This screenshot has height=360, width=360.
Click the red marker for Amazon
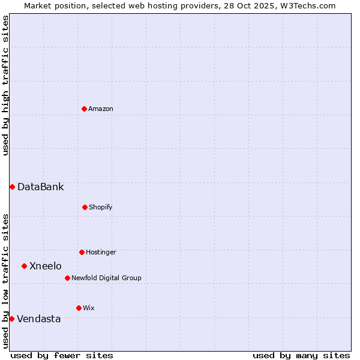click(84, 109)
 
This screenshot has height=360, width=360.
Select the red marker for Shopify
click(85, 207)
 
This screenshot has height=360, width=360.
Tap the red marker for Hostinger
click(82, 252)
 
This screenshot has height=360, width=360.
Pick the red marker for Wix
click(79, 308)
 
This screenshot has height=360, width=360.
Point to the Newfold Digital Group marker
click(67, 278)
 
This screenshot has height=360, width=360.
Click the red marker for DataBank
click(12, 187)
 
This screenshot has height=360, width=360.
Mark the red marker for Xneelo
click(24, 266)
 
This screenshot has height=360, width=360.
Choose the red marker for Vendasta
click(11, 319)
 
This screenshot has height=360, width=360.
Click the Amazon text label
click(101, 109)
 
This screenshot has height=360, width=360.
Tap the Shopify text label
click(101, 207)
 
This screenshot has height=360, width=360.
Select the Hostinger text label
click(101, 252)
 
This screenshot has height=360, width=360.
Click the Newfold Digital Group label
click(106, 278)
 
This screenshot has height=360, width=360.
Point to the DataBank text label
click(40, 187)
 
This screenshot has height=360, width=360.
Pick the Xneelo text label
click(46, 266)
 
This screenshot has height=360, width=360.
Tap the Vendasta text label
click(39, 319)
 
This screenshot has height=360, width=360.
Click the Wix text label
click(89, 308)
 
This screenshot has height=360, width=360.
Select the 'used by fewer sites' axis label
click(62, 355)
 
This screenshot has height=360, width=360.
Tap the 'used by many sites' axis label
click(301, 355)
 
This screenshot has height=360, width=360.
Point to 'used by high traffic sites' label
click(5, 85)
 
